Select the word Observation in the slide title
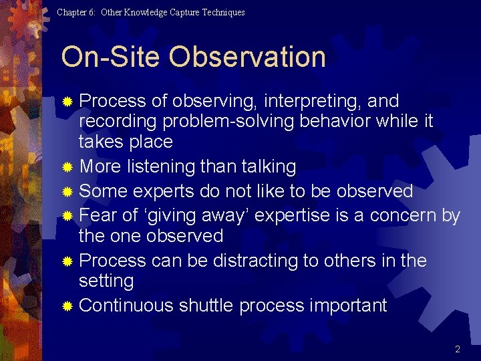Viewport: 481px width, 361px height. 247,57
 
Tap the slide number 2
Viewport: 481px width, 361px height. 458,349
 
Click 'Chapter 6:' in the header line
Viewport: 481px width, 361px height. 77,12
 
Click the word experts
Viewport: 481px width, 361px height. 162,191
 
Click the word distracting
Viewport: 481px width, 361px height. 251,261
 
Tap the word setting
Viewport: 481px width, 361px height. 106,281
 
